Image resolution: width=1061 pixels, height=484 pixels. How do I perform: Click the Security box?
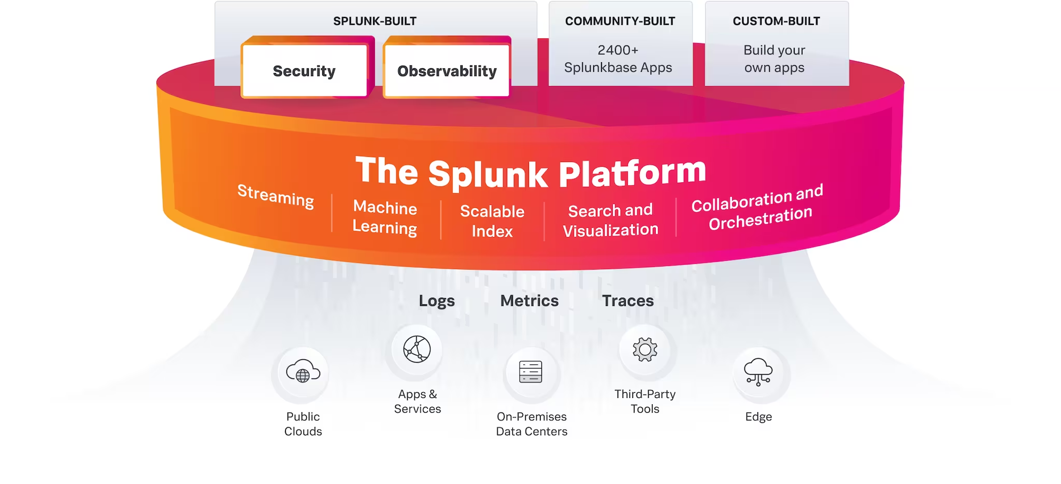304,71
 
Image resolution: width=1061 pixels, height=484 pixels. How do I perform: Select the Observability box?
447,71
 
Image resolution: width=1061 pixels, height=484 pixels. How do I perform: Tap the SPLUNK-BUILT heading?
375,21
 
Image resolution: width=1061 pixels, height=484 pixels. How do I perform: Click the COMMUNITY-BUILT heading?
620,21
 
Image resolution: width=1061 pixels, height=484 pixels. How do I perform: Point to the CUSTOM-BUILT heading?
776,21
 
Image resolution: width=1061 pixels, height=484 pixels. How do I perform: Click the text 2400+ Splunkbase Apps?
618,59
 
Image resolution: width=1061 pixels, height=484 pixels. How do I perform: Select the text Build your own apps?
774,59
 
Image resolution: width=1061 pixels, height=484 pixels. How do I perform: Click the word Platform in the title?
632,173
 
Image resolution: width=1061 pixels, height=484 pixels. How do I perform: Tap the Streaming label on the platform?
276,196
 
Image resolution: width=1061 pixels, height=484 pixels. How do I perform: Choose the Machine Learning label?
385,217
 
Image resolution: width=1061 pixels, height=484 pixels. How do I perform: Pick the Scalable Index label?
492,221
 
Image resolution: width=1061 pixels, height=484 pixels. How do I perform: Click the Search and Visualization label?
610,220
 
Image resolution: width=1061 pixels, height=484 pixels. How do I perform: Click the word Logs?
437,301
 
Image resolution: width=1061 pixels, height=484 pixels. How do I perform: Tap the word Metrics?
529,301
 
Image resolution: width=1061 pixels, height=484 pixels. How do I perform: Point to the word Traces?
628,301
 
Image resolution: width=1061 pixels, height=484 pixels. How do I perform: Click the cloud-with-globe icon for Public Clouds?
303,371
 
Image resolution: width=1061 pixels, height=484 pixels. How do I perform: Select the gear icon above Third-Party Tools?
645,350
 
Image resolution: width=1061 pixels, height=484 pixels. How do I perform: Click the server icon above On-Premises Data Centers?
530,372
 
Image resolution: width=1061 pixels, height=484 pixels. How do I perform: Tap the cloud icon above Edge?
758,372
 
